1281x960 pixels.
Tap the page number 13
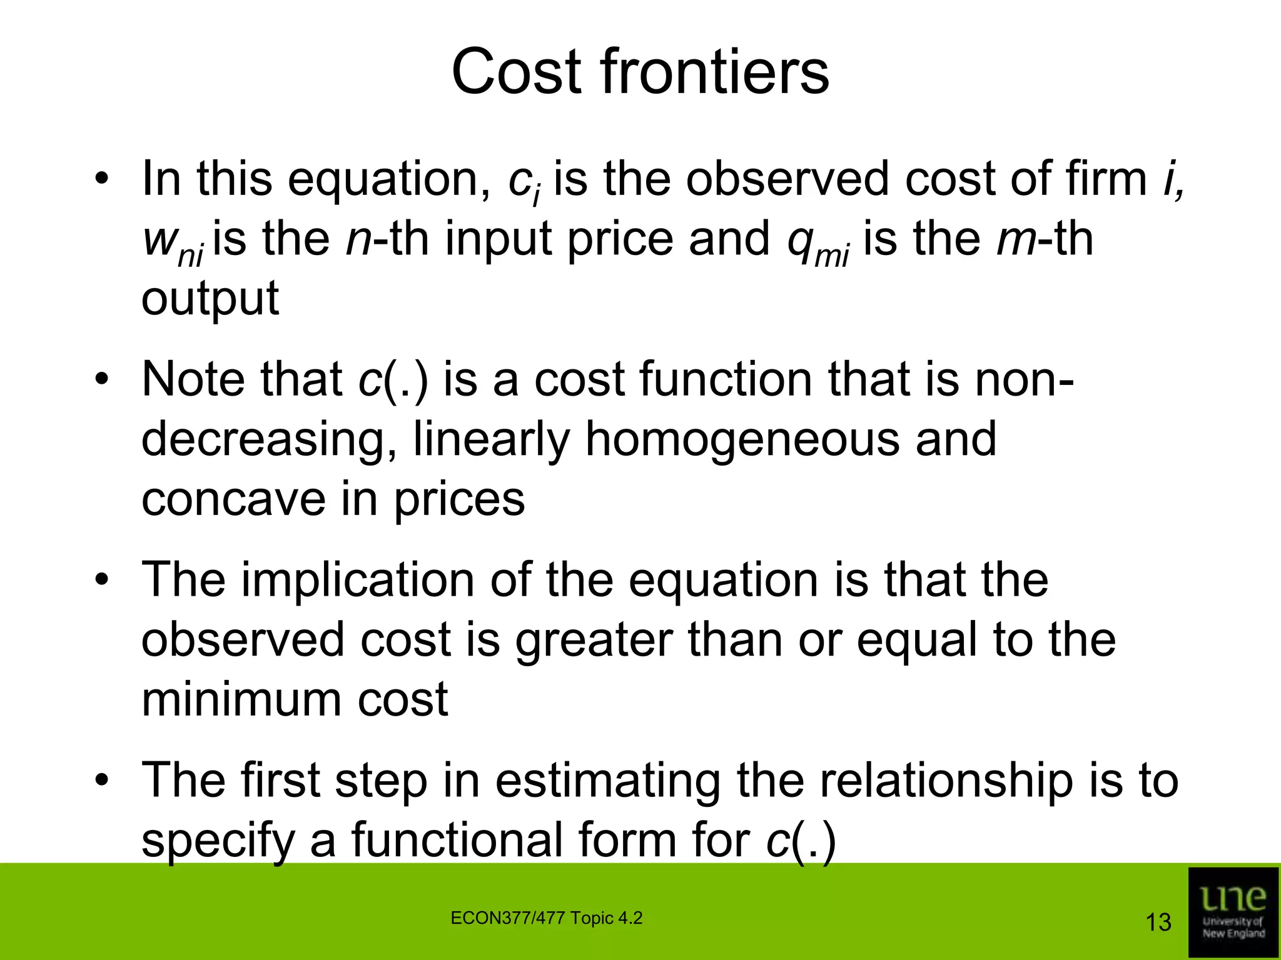(x=1158, y=922)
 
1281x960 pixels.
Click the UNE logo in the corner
(x=1233, y=912)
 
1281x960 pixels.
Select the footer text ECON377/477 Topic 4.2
(x=546, y=918)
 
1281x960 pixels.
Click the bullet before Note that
(x=102, y=380)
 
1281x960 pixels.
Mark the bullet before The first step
(x=102, y=781)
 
